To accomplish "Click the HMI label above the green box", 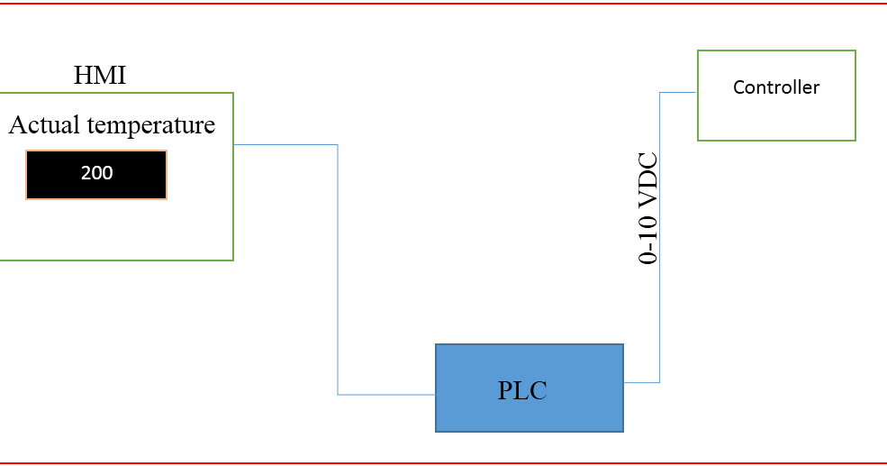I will coord(99,76).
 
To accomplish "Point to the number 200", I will coord(96,174).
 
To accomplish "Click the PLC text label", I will coord(522,391).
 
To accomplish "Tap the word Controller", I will coord(776,87).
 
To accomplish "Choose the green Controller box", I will coord(776,122).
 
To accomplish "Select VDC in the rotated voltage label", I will coord(648,181).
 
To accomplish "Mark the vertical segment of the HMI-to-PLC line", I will coord(338,270).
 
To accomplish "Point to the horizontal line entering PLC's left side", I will coord(387,395).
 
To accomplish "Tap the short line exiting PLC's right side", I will coord(641,382).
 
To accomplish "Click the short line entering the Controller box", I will coord(679,92).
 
